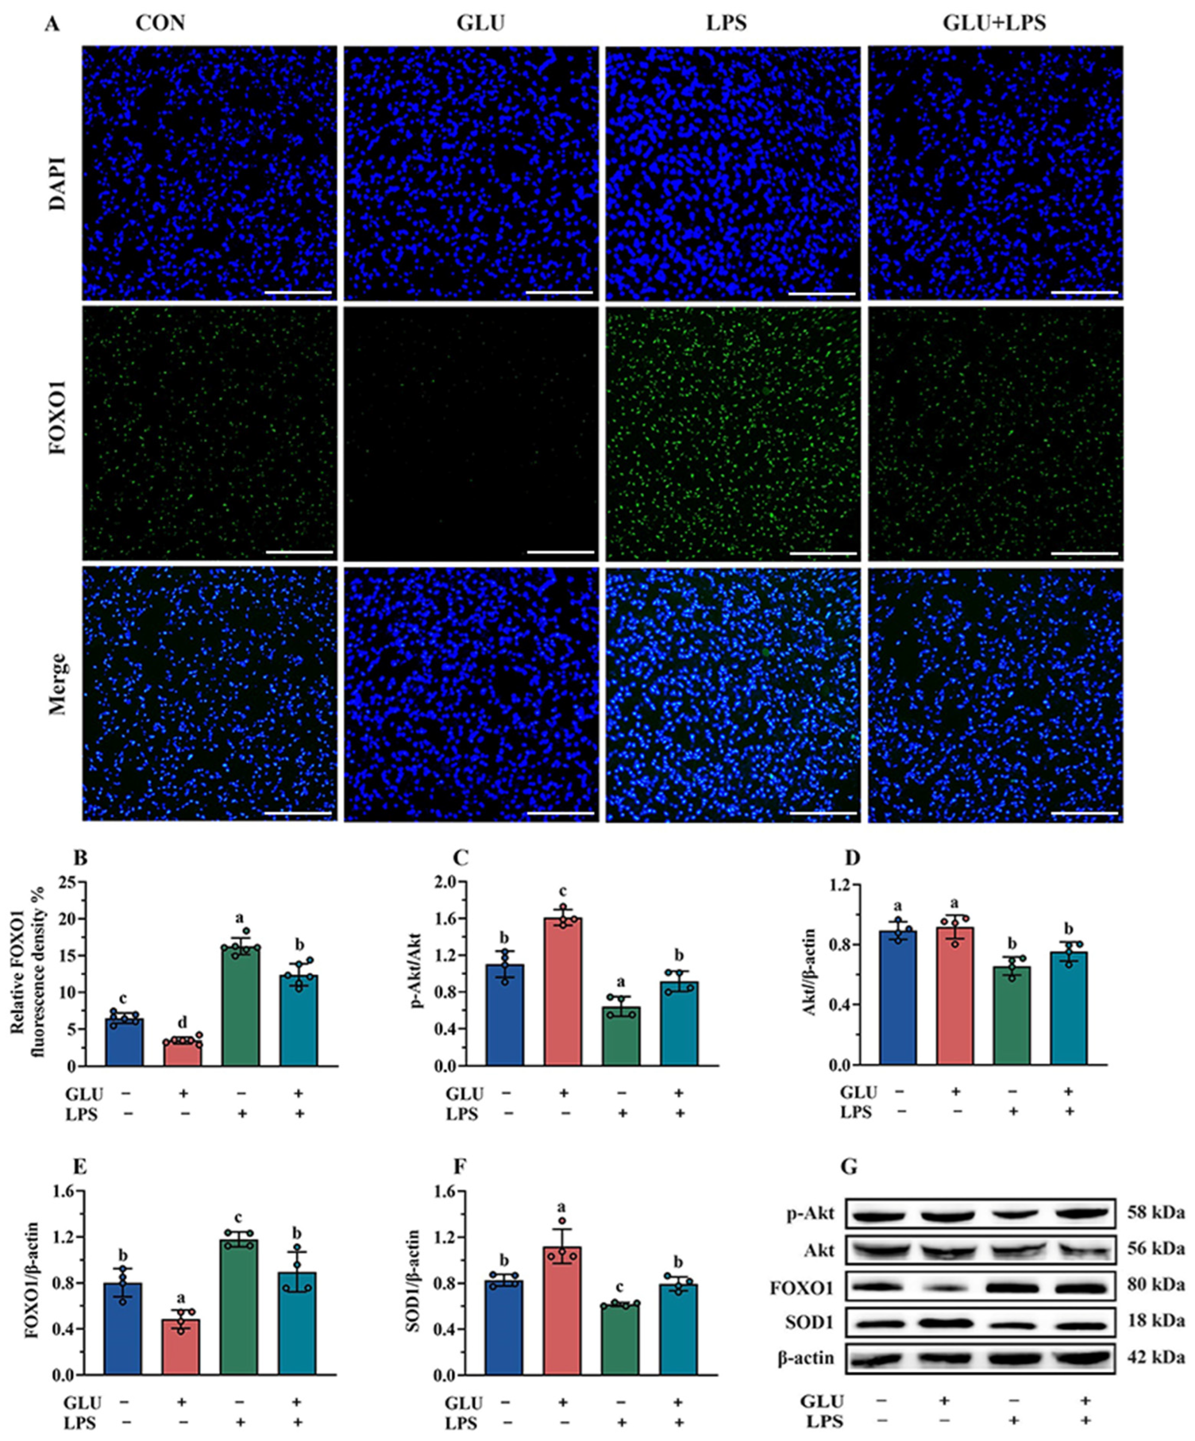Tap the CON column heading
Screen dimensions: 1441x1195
[x=160, y=24]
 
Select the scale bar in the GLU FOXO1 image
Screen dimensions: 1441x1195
[x=560, y=551]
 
